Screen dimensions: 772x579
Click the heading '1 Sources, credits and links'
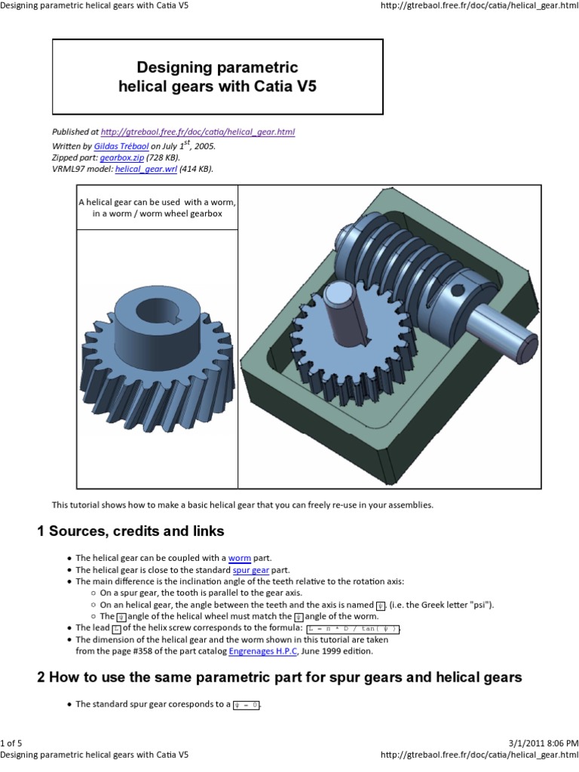(131, 532)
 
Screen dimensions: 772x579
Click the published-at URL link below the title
(198, 132)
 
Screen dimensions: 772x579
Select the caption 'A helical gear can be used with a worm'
(158, 203)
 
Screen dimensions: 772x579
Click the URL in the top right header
(480, 6)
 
